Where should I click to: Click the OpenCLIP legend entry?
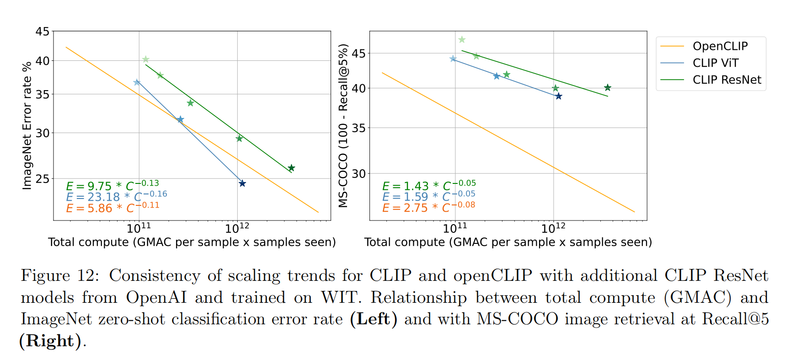point(720,46)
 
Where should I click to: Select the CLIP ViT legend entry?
point(715,63)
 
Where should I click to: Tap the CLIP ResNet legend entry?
point(727,80)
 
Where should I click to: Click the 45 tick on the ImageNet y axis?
point(43,32)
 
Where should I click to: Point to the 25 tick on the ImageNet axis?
point(43,179)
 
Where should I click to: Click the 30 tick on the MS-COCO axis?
point(359,174)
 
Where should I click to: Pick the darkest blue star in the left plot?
point(242,183)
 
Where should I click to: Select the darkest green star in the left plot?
point(291,168)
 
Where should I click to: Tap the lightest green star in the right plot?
point(462,40)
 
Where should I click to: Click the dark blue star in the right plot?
point(558,96)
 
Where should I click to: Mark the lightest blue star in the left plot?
point(137,82)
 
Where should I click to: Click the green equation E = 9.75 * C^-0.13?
point(112,186)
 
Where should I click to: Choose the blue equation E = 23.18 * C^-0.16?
point(117,197)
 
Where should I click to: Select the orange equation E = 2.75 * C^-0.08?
point(428,207)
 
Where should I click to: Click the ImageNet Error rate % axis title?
point(27,125)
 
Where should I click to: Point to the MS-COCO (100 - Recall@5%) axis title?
point(343,125)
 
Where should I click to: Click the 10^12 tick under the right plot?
point(553,227)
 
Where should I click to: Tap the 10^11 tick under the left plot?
point(139,227)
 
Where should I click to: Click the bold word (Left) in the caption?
point(370,319)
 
